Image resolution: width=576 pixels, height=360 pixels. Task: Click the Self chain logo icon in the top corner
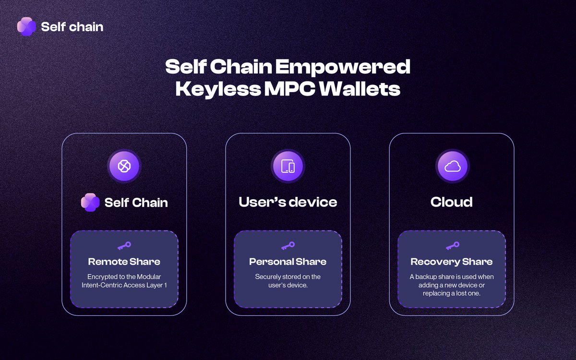click(26, 26)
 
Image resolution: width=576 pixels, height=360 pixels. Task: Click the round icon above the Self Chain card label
click(124, 167)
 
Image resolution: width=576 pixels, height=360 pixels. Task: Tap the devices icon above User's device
click(288, 167)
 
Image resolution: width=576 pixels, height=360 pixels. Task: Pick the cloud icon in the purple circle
click(452, 167)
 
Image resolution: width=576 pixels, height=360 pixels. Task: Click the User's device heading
click(288, 202)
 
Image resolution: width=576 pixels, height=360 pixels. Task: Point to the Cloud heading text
click(452, 202)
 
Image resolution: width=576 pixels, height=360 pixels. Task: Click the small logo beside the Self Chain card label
click(90, 203)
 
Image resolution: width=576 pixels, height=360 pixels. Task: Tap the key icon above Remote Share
click(124, 246)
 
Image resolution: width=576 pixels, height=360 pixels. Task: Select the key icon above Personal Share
click(288, 246)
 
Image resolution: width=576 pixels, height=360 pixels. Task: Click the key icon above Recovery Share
click(452, 246)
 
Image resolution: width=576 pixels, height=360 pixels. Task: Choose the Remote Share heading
click(124, 262)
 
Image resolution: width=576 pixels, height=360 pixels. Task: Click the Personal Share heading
click(288, 262)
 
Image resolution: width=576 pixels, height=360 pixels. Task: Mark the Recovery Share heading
click(452, 262)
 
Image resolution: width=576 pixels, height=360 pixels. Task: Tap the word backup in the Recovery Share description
click(426, 276)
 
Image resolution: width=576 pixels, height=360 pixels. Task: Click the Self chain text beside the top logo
click(72, 26)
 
